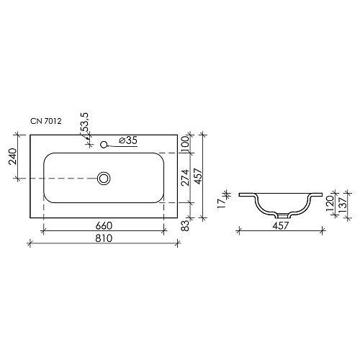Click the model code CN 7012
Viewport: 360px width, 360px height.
point(46,123)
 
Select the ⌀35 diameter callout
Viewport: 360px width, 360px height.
point(127,140)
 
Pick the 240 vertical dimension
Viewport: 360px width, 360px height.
point(12,156)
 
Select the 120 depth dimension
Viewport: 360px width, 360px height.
point(330,203)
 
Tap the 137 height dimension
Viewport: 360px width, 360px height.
point(343,204)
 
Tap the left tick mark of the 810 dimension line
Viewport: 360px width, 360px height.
point(30,243)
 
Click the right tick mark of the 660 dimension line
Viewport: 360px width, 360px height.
point(167,231)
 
